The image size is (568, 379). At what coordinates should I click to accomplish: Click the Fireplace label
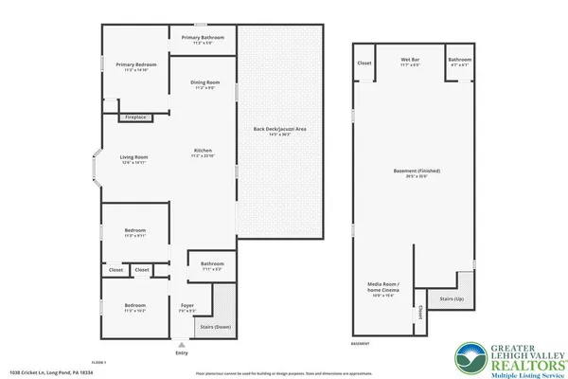pos(134,117)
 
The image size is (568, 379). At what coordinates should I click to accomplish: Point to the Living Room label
pos(133,158)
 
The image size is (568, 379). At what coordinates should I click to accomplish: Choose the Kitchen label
pos(203,153)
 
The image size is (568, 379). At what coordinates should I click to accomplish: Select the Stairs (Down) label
pos(214,325)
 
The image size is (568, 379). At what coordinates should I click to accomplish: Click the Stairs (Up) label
pos(452,299)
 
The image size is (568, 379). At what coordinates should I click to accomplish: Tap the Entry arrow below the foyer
pos(182,346)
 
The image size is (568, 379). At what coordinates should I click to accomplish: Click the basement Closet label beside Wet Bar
pos(364,63)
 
